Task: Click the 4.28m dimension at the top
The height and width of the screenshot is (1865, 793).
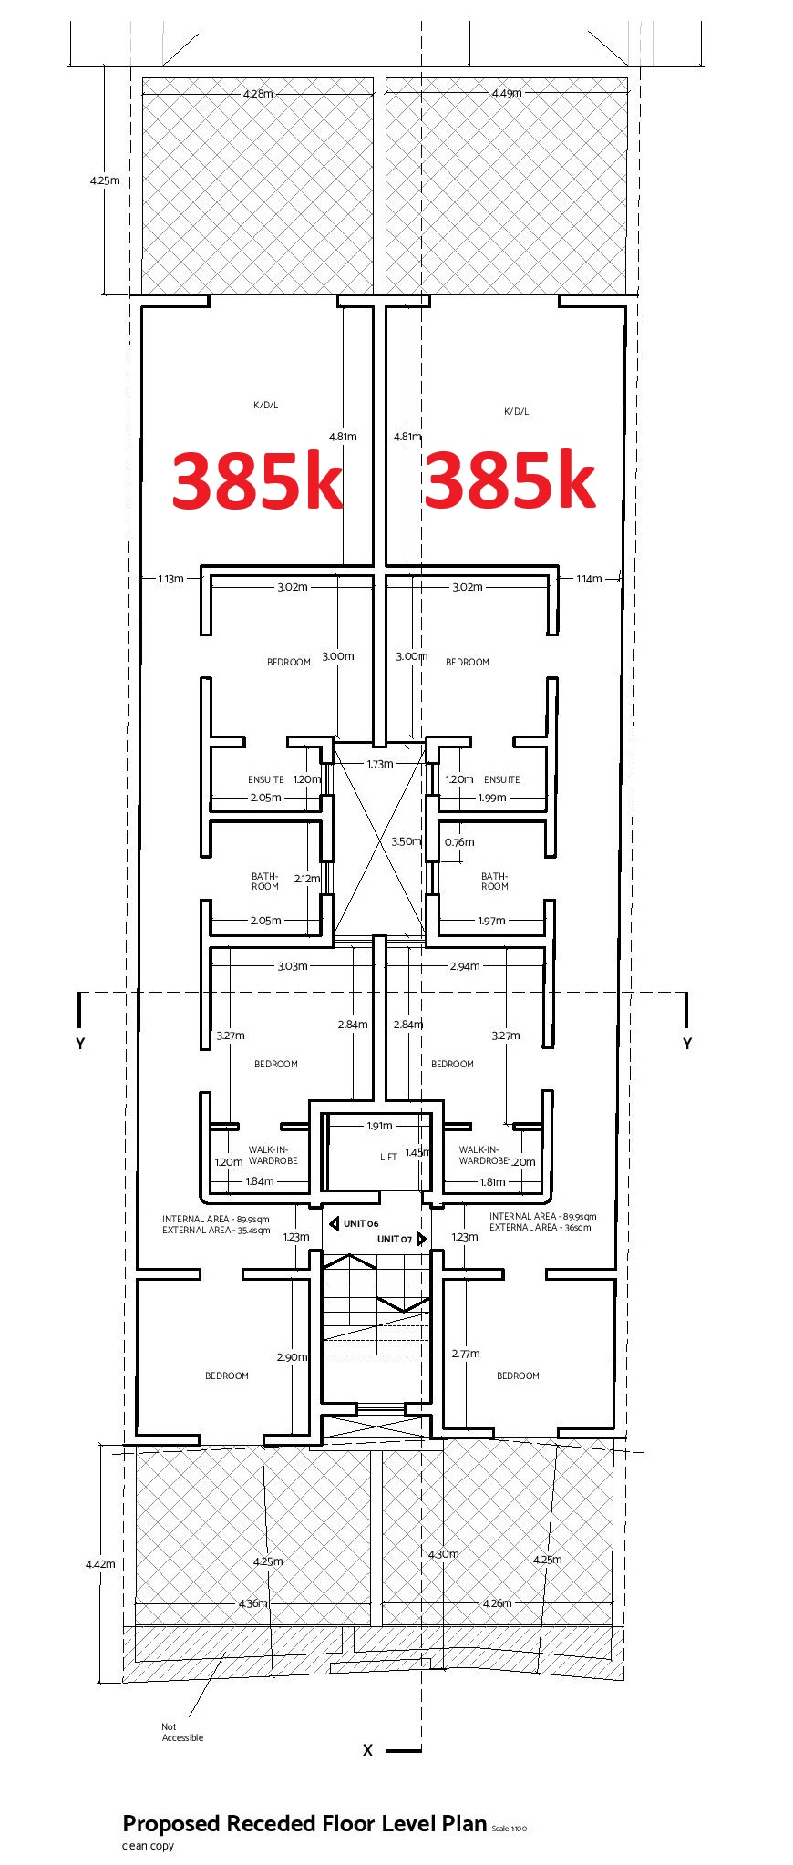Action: (x=258, y=94)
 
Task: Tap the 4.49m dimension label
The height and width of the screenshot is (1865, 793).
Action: (x=507, y=93)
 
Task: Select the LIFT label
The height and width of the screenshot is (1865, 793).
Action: (x=388, y=1157)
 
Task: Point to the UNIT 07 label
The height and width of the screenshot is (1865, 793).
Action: (x=395, y=1239)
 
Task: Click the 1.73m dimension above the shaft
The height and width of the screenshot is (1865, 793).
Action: (x=380, y=764)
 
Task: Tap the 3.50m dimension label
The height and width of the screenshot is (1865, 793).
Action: (x=407, y=841)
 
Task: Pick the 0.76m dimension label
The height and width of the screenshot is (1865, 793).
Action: (x=459, y=842)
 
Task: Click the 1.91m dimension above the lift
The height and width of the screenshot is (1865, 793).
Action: (x=379, y=1126)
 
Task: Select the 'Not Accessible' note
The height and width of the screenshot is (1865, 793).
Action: (x=182, y=1732)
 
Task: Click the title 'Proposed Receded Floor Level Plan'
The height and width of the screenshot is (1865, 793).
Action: (x=304, y=1824)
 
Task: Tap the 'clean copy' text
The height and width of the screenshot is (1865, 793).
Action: (x=148, y=1846)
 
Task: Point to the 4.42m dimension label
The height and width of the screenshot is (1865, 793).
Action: (x=100, y=1563)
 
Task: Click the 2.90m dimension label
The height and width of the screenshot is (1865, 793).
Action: (x=292, y=1357)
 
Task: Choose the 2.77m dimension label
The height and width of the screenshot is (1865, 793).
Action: (x=466, y=1354)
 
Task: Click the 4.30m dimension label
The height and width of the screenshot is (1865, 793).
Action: (x=444, y=1554)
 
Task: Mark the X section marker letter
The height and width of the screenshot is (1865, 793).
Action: (x=368, y=1750)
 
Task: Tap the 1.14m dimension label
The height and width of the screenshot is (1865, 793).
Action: (x=589, y=579)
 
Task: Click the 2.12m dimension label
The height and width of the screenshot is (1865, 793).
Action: (x=307, y=879)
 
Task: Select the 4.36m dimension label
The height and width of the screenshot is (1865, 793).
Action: (x=253, y=1603)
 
